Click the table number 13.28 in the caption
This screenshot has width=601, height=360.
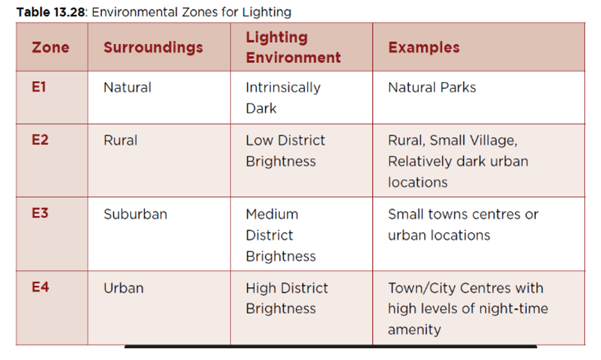(69, 12)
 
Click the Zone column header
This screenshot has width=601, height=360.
(50, 47)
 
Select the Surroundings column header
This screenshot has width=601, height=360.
(153, 47)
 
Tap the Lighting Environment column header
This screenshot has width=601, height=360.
(293, 47)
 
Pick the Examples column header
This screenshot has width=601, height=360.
(424, 47)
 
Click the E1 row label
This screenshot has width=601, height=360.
(39, 87)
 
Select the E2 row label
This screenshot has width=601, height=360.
(40, 139)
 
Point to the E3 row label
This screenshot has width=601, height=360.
(40, 213)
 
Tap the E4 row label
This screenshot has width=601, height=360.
(40, 287)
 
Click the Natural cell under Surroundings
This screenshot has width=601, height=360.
(127, 87)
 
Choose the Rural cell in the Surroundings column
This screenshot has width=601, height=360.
(121, 140)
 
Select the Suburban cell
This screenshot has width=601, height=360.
(135, 214)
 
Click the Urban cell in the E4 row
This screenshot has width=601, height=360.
(123, 288)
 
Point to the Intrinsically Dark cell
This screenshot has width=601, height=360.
(283, 98)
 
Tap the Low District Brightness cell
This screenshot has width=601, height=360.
(286, 150)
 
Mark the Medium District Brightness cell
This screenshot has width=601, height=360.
(281, 235)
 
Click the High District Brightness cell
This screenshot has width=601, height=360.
(287, 299)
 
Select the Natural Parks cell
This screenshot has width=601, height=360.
(432, 87)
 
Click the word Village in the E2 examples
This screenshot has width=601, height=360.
(494, 140)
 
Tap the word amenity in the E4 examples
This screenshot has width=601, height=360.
(414, 330)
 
